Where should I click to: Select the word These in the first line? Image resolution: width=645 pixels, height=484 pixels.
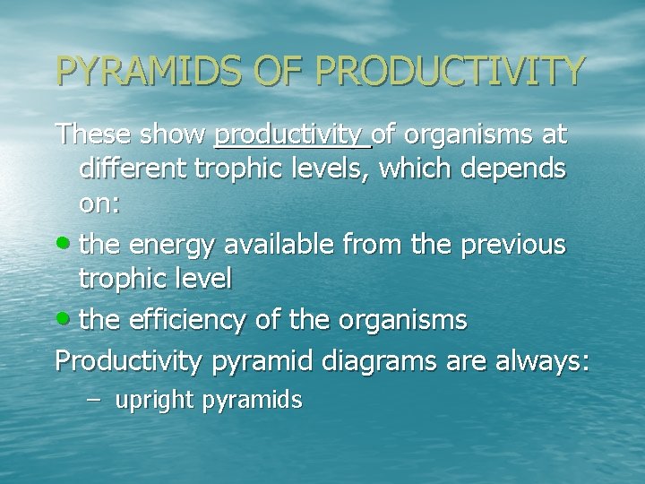pyautogui.click(x=92, y=135)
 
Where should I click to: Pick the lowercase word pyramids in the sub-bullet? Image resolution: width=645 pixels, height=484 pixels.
pyautogui.click(x=260, y=401)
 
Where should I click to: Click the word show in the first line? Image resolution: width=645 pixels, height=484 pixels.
pyautogui.click(x=172, y=135)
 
